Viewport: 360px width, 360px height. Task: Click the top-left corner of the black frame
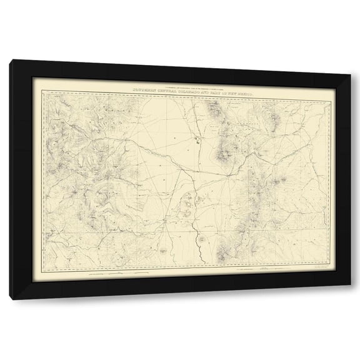(x=11, y=61)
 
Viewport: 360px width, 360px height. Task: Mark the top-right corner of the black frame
(x=349, y=61)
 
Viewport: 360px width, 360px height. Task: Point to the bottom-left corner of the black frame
(x=11, y=299)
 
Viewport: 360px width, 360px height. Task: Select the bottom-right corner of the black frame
(x=349, y=299)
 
